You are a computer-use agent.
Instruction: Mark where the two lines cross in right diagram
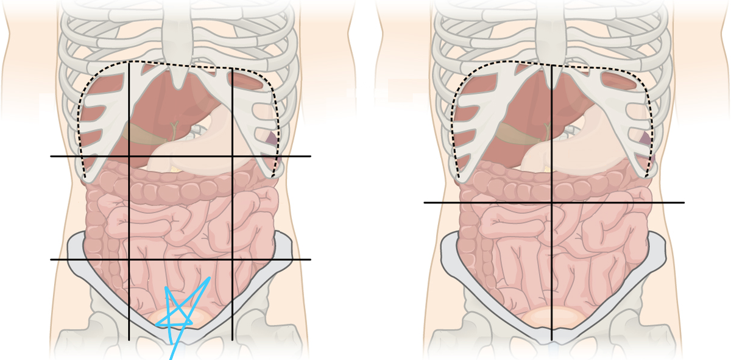(552, 202)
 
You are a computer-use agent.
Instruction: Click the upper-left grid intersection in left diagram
(129, 157)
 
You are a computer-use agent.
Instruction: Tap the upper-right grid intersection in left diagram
(232, 157)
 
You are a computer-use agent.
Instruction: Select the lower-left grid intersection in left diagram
(129, 259)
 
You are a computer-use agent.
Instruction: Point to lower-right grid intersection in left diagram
(232, 259)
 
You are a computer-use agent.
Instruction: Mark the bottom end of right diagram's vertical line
(552, 340)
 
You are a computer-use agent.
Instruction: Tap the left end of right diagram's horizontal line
(425, 202)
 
